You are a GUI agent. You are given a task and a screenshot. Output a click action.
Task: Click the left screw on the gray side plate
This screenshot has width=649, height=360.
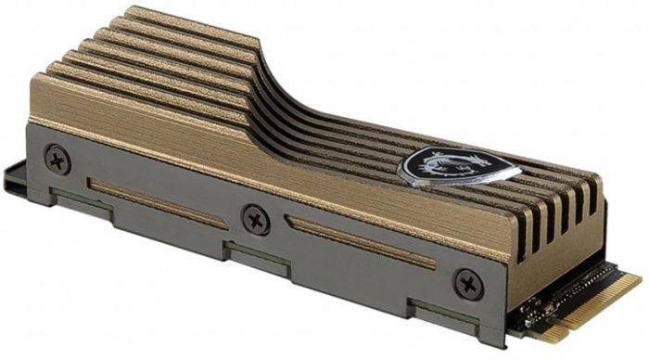pyautogui.click(x=57, y=159)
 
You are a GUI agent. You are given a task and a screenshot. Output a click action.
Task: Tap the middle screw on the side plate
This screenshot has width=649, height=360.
pyautogui.click(x=255, y=220)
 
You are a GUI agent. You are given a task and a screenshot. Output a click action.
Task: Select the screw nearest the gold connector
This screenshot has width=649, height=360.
pyautogui.click(x=467, y=282)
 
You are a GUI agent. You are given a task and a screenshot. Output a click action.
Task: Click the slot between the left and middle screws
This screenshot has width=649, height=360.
pyautogui.click(x=158, y=201)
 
